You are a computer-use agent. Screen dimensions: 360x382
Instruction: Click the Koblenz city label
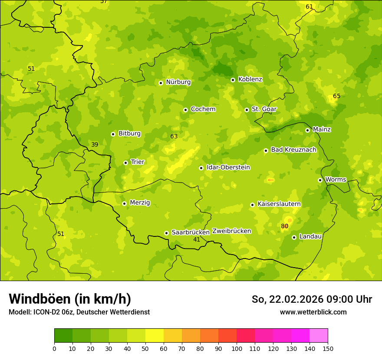pyautogui.click(x=250, y=79)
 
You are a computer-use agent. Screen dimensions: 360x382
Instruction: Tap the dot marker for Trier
pyautogui.click(x=125, y=163)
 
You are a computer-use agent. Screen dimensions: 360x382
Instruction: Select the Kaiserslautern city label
pyautogui.click(x=279, y=204)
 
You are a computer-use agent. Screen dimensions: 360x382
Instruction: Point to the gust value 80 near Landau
pyautogui.click(x=284, y=226)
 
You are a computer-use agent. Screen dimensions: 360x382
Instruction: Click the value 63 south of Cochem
pyautogui.click(x=174, y=136)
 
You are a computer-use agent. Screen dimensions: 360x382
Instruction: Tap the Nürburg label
pyautogui.click(x=178, y=82)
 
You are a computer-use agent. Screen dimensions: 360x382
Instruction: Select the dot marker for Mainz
pyautogui.click(x=307, y=130)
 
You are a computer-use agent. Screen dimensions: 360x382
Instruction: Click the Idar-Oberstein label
pyautogui.click(x=228, y=167)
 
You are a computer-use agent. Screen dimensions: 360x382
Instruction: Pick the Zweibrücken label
pyautogui.click(x=231, y=231)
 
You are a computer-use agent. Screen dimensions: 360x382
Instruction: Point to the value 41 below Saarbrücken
pyautogui.click(x=197, y=239)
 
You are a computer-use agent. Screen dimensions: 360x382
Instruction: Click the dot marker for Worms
pyautogui.click(x=320, y=180)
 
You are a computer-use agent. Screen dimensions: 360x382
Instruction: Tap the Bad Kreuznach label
pyautogui.click(x=293, y=150)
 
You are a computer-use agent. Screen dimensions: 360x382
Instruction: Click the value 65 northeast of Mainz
pyautogui.click(x=336, y=96)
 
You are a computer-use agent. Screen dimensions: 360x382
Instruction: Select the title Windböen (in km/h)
pyautogui.click(x=70, y=299)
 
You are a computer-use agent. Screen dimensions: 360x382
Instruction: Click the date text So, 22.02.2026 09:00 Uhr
pyautogui.click(x=312, y=299)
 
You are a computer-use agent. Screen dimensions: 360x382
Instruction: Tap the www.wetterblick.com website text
pyautogui.click(x=313, y=312)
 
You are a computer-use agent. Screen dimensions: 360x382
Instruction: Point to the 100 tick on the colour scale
pyautogui.click(x=237, y=348)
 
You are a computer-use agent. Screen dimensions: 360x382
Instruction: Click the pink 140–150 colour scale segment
pyautogui.click(x=319, y=336)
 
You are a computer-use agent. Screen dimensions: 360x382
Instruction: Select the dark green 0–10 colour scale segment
pyautogui.click(x=63, y=336)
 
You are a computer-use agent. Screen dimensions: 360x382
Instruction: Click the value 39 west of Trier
pyautogui.click(x=95, y=144)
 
